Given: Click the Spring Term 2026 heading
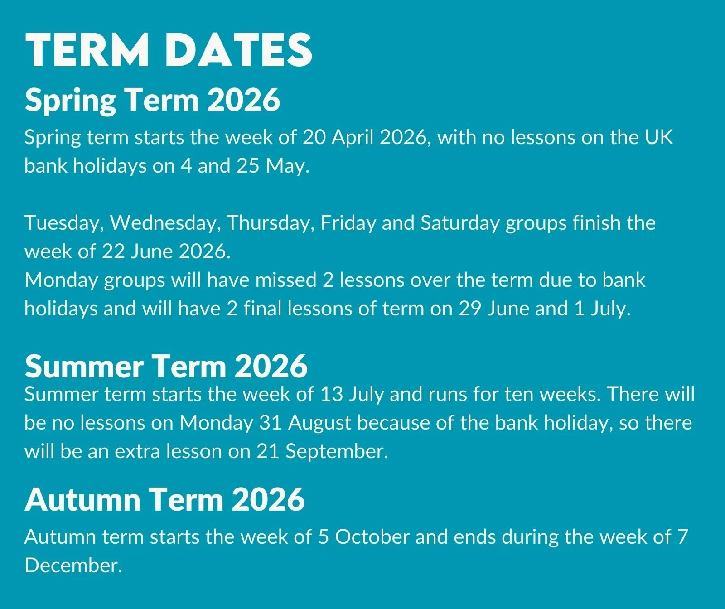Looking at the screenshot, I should tap(153, 100).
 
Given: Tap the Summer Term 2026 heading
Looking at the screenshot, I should tap(166, 366).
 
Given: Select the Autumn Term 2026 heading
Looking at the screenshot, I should tap(164, 499).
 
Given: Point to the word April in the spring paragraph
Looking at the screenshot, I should tap(353, 137).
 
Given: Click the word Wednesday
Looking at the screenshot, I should tap(166, 223).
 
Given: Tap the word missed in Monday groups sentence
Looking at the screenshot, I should tap(285, 280).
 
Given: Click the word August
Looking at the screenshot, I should tap(320, 423).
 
